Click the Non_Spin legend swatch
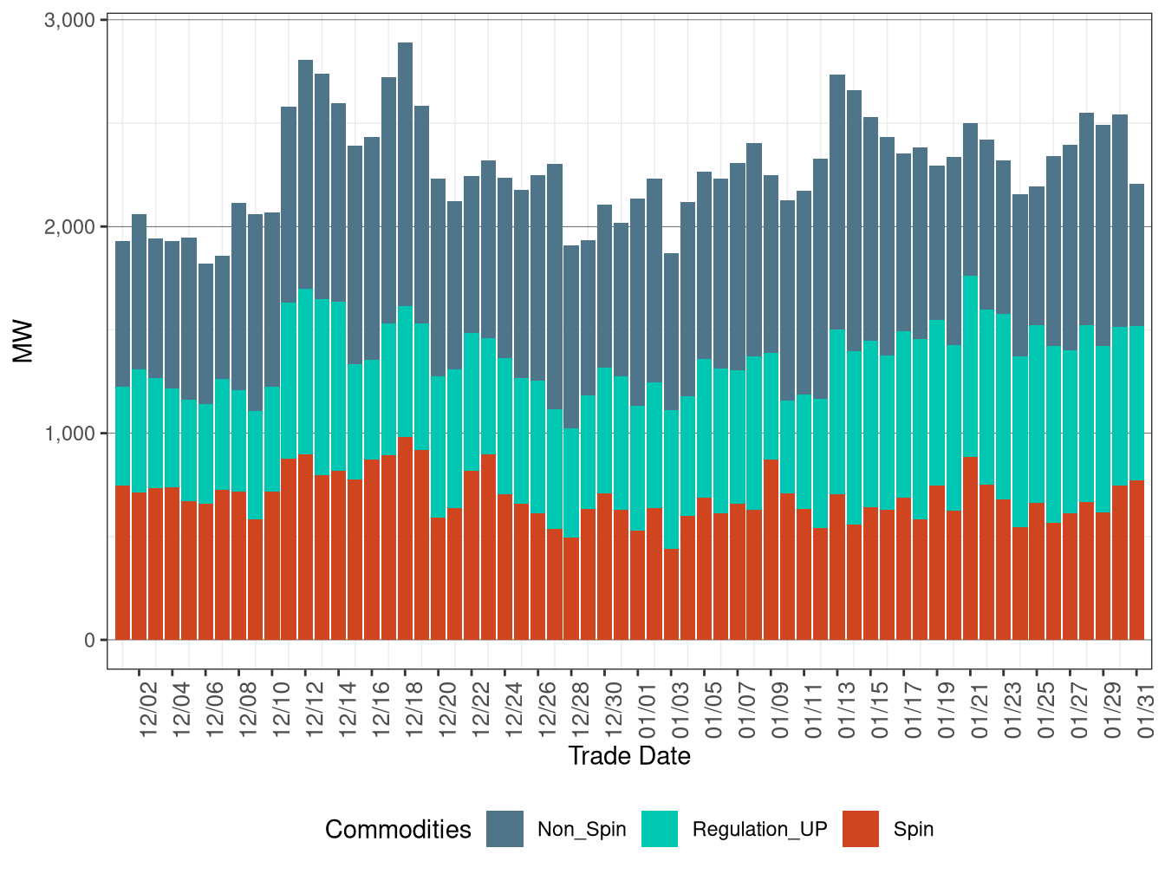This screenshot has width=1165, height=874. coord(504,829)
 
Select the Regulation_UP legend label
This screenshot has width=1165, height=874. coord(759,829)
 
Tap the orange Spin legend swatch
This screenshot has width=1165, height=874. coord(860,829)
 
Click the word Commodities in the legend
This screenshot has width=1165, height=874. coord(398,830)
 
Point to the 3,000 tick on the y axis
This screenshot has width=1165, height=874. coord(68,20)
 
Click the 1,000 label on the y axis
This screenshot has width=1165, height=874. coord(68,434)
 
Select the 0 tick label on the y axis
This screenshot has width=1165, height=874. coord(89,641)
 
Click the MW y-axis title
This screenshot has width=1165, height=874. coord(23,342)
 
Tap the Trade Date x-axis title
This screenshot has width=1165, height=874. coord(629,756)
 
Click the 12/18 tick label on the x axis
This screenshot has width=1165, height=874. coord(413,711)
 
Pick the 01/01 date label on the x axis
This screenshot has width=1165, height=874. coord(647,711)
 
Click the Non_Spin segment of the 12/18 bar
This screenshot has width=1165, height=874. coord(405,173)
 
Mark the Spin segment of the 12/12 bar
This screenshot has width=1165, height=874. coord(305,547)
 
